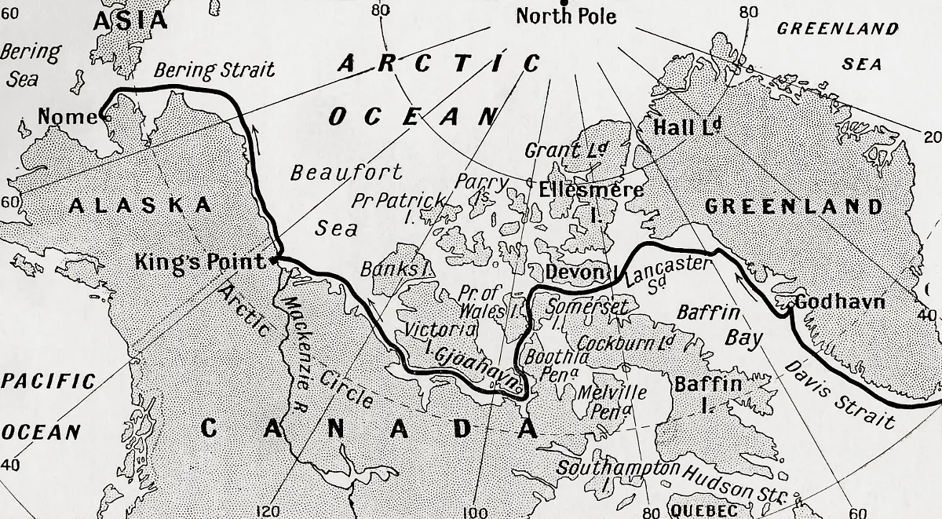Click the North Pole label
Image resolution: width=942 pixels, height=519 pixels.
coord(566,16)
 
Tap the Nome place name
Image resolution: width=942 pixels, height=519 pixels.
coord(66,118)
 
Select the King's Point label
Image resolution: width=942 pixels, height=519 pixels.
coord(200,261)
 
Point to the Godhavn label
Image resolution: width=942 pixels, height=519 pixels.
coord(839,302)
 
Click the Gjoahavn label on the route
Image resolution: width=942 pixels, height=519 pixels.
coord(476,367)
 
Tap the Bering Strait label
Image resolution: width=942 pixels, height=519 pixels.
coord(214,70)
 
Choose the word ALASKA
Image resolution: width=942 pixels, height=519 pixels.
coord(141,206)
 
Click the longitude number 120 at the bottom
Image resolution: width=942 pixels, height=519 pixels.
coord(268,511)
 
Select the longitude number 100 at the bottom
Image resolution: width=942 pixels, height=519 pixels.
coord(476,512)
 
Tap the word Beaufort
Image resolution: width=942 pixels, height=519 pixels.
coord(346,172)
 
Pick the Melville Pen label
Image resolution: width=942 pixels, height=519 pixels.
coord(612,400)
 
